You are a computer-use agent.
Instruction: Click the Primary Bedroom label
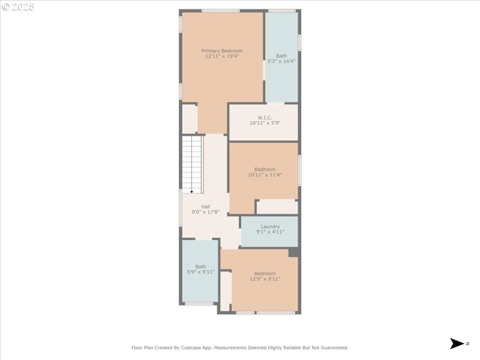click(222, 51)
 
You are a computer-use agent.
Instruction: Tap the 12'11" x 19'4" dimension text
click(222, 57)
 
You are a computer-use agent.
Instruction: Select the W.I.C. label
click(265, 118)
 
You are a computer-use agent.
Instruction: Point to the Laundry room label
click(270, 226)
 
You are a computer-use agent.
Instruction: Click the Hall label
click(205, 206)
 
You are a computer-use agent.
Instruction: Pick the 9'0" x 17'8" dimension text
click(205, 212)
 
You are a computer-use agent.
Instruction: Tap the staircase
click(193, 163)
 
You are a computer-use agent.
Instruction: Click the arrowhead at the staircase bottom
click(192, 191)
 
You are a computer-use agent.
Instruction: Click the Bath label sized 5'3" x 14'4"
click(281, 56)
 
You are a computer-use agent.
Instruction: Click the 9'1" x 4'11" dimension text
click(270, 232)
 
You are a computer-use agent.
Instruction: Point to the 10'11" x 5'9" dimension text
click(265, 123)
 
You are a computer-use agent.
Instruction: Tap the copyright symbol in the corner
click(5, 7)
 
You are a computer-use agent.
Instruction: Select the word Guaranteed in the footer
click(333, 347)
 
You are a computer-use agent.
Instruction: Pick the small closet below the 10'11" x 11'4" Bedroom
click(277, 207)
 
